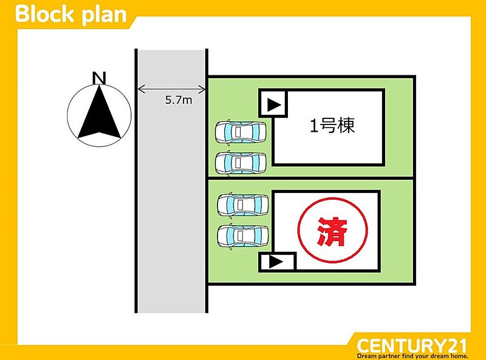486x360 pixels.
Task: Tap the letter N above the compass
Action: pos(99,78)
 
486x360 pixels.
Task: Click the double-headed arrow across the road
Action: pos(171,90)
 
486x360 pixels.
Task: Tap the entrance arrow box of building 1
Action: pos(274,105)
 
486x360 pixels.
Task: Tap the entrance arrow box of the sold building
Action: pos(276,262)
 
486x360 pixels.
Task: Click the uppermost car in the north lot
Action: pos(241,131)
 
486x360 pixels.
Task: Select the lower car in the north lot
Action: pos(241,162)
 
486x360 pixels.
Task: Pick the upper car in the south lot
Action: pos(243,205)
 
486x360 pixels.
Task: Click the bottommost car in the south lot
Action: pos(243,234)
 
